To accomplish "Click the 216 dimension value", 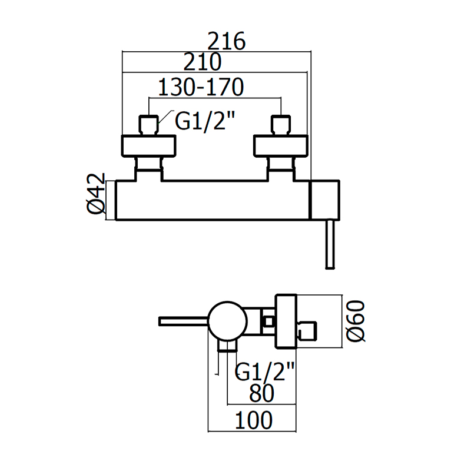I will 227,42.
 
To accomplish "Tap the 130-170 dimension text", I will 201,88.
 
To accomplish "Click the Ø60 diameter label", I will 357,320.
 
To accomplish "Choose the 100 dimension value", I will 254,420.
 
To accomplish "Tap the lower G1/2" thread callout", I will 265,371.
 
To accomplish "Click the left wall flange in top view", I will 148,145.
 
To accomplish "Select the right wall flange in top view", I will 280,145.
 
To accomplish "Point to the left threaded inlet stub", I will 148,125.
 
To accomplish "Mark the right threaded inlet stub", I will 280,125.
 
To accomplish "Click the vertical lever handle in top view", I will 330,245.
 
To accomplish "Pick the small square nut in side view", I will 269,321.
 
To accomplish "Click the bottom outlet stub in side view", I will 227,346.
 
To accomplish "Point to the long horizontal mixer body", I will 212,200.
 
